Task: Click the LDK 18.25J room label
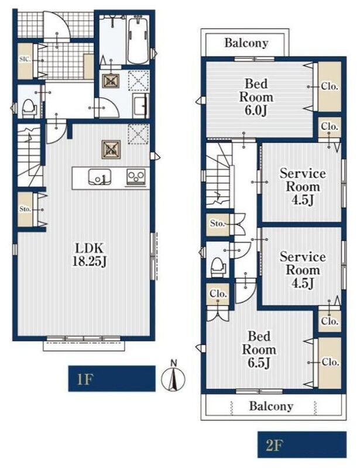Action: click(90, 254)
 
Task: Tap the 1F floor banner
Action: click(112, 378)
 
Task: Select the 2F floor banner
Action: click(301, 445)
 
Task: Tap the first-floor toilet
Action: click(29, 108)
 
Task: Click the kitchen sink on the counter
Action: click(100, 177)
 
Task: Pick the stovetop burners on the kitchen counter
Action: click(136, 176)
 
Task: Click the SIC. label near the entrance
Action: click(25, 59)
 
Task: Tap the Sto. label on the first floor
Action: click(25, 209)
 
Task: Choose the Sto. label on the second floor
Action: click(217, 223)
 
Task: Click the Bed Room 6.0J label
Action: click(256, 97)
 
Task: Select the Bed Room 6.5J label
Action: click(259, 349)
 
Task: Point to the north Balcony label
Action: click(246, 43)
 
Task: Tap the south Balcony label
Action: click(271, 406)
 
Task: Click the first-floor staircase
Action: click(29, 154)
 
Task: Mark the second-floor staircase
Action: click(219, 174)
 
